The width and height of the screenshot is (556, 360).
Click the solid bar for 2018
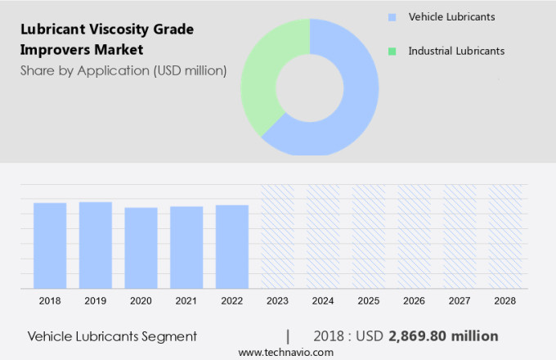tap(50, 245)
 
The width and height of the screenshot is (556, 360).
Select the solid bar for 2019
tap(96, 245)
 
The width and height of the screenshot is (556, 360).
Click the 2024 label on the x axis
tap(323, 300)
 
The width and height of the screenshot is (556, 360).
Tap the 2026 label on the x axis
tap(414, 300)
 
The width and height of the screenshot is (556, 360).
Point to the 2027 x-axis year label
tap(460, 300)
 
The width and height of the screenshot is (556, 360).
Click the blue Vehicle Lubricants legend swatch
tap(392, 16)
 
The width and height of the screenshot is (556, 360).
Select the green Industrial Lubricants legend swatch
tap(392, 51)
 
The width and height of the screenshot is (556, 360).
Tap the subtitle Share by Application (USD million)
tap(123, 70)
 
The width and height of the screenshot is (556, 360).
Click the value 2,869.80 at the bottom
tap(421, 335)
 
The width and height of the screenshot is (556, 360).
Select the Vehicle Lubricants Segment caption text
tap(112, 335)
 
